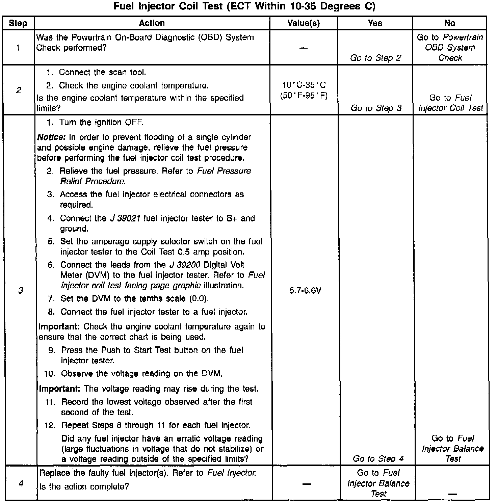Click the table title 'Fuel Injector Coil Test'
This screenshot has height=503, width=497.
pyautogui.click(x=244, y=6)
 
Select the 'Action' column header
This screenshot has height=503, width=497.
pyautogui.click(x=152, y=23)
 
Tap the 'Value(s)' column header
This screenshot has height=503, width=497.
pyautogui.click(x=304, y=23)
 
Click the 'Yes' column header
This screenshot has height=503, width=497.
pyautogui.click(x=375, y=23)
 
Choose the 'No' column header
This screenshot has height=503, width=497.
pyautogui.click(x=450, y=23)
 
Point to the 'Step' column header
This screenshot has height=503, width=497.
pyautogui.click(x=18, y=23)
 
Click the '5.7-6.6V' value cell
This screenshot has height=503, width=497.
pyautogui.click(x=305, y=290)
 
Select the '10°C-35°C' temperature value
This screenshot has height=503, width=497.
pyautogui.click(x=304, y=85)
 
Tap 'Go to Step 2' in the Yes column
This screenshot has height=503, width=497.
pyautogui.click(x=375, y=58)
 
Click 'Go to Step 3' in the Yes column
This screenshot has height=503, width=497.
pyautogui.click(x=376, y=108)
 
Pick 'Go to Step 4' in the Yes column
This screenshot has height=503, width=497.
pyautogui.click(x=378, y=458)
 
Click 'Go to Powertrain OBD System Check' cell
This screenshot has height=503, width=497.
pyautogui.click(x=450, y=47)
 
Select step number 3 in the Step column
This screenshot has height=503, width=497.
pyautogui.click(x=21, y=290)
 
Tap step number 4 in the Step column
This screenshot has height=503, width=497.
pyautogui.click(x=21, y=484)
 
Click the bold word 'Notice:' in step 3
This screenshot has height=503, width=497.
pyautogui.click(x=51, y=137)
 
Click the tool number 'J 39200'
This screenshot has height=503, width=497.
pyautogui.click(x=184, y=265)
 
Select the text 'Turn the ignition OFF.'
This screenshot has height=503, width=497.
pyautogui.click(x=101, y=122)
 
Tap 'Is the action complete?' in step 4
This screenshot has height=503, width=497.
pyautogui.click(x=84, y=486)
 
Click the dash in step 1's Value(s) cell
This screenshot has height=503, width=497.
pyautogui.click(x=304, y=48)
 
